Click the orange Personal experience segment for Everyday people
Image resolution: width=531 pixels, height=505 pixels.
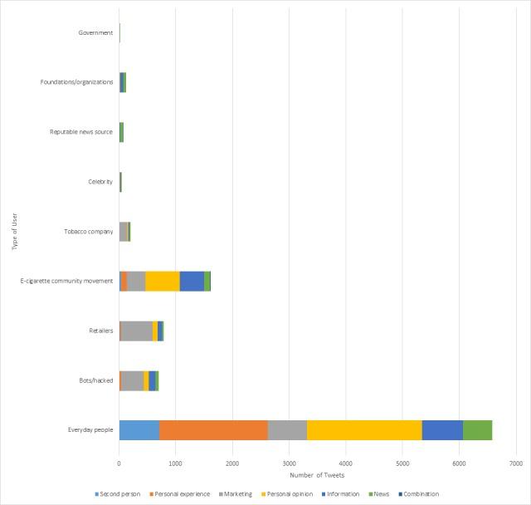pyautogui.click(x=212, y=429)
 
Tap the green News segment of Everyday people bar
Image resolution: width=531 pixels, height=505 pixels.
pyautogui.click(x=477, y=429)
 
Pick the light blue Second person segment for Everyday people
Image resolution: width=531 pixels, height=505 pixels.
pyautogui.click(x=139, y=429)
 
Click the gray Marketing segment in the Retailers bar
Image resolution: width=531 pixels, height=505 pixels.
pyautogui.click(x=137, y=331)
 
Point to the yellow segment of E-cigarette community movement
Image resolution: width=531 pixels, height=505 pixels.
pyautogui.click(x=163, y=281)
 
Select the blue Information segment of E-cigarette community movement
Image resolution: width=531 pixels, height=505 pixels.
pyautogui.click(x=192, y=281)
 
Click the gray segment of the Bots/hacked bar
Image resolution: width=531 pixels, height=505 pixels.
pyautogui.click(x=132, y=380)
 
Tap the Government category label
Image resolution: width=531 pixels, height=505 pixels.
pyautogui.click(x=95, y=32)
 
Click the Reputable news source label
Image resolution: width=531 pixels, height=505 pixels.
pyautogui.click(x=80, y=131)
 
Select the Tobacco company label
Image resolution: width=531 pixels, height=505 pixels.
pyautogui.click(x=88, y=231)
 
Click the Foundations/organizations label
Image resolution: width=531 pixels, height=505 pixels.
pyautogui.click(x=76, y=82)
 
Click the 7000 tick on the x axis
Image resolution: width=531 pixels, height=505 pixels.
pyautogui.click(x=515, y=462)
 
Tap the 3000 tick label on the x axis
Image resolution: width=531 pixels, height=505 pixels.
pyautogui.click(x=289, y=462)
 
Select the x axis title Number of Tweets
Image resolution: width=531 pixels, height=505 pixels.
pyautogui.click(x=317, y=476)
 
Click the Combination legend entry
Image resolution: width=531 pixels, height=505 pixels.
pyautogui.click(x=419, y=493)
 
